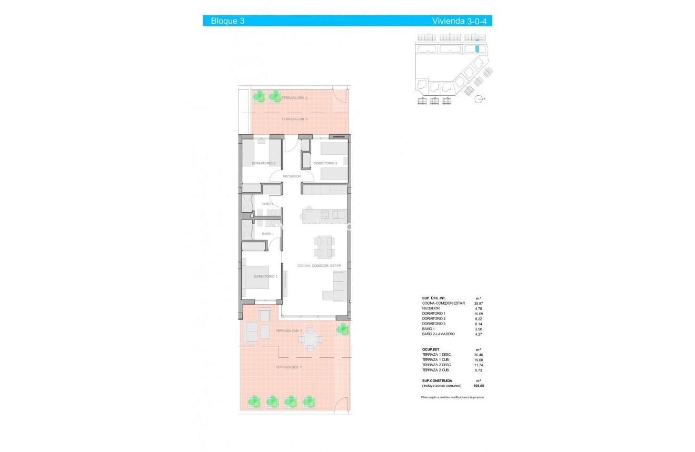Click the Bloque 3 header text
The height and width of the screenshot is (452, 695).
[227, 21]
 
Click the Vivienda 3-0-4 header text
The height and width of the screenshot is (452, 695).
[460, 21]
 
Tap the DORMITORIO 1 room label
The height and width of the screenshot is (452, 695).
[265, 276]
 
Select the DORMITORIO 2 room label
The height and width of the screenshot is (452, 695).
[263, 164]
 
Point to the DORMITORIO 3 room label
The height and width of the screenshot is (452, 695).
[325, 164]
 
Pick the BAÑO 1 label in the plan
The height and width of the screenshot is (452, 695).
[267, 234]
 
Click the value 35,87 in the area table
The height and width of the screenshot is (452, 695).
[478, 303]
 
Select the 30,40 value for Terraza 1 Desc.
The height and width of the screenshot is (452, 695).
[478, 355]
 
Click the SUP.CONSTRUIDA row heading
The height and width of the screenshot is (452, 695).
[436, 380]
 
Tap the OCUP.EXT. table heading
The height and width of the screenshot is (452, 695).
[432, 349]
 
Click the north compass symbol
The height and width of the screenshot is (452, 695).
[479, 99]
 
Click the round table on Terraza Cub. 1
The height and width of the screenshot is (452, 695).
[310, 339]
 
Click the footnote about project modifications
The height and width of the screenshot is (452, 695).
[452, 397]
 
